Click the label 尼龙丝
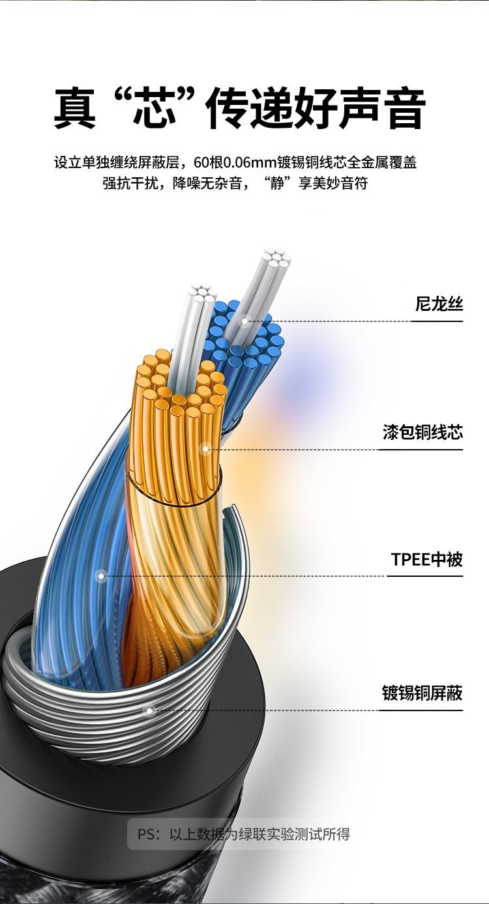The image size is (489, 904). pos(439,304)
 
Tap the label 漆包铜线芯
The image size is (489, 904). pos(422,432)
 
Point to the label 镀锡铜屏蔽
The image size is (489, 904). pos(422,693)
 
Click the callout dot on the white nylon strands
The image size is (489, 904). pos(245,321)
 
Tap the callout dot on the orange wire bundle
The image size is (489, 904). pos(205,448)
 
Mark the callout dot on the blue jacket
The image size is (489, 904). pos(101,576)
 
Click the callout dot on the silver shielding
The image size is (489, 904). pos(149,710)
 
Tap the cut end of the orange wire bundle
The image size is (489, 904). pos(179,385)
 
